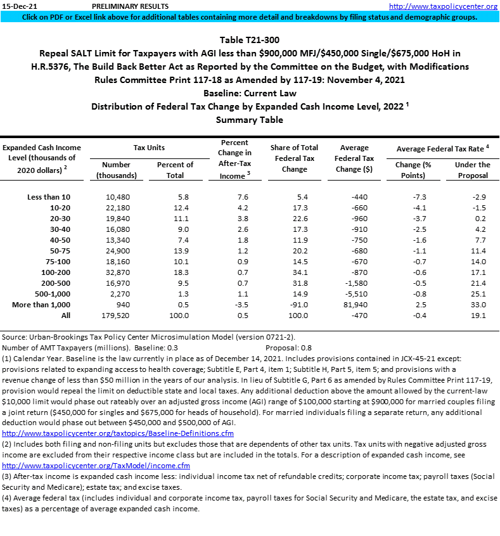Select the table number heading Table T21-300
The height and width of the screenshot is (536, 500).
[x=249, y=40]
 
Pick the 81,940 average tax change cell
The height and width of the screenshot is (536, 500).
[x=354, y=305]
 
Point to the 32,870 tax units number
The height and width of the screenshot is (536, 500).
[x=116, y=272]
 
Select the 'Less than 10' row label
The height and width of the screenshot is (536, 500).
[x=44, y=197]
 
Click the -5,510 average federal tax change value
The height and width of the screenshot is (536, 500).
[x=354, y=294]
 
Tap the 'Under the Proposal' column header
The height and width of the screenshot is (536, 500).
[x=472, y=170]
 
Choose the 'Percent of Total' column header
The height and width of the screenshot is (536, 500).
[x=175, y=170]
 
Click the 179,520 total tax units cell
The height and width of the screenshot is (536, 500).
[x=116, y=316]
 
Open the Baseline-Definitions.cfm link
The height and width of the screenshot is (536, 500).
[x=118, y=433]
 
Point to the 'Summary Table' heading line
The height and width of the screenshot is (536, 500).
[x=249, y=120]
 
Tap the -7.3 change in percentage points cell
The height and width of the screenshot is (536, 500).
[x=413, y=197]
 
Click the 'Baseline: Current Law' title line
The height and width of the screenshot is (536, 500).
[x=249, y=93]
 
